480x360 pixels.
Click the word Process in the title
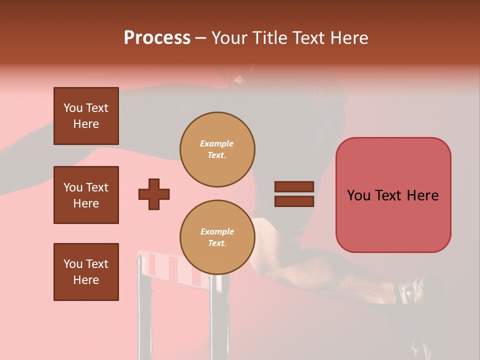coord(157,38)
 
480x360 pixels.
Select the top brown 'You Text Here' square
coord(86,116)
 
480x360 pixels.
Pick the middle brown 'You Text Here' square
coord(86,195)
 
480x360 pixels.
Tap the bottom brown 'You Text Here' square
coord(86,272)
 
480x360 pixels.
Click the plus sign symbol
coord(154,194)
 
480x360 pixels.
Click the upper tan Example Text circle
coord(217,149)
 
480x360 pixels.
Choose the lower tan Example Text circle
coord(217,237)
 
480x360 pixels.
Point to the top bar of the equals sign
coord(294,187)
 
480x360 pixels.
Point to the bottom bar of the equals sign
coord(294,201)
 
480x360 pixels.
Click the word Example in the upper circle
coord(217,143)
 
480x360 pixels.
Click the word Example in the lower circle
coord(217,231)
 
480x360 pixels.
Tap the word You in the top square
coord(73,108)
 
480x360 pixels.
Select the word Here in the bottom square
coord(86,280)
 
